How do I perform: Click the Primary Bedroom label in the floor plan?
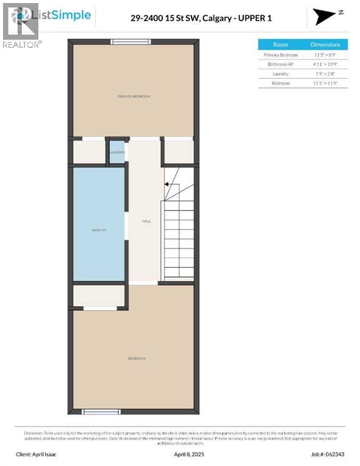pyautogui.click(x=134, y=96)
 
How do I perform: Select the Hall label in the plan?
pyautogui.click(x=146, y=221)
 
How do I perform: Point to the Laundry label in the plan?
pyautogui.click(x=117, y=152)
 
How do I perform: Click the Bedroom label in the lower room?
pyautogui.click(x=136, y=359)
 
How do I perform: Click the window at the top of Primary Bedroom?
pyautogui.click(x=131, y=41)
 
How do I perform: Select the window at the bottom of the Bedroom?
pyautogui.click(x=101, y=412)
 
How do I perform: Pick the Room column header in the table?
pyautogui.click(x=280, y=44)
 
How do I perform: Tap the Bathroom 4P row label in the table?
pyautogui.click(x=280, y=64)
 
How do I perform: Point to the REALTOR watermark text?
pyautogui.click(x=22, y=44)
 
